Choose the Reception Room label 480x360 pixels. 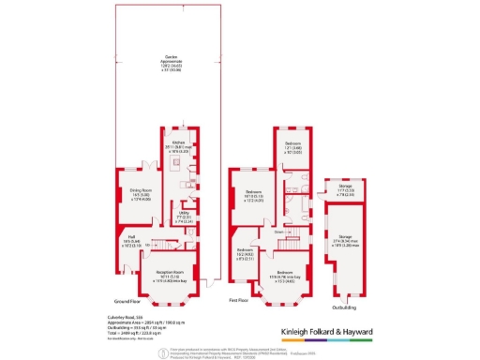click(153, 276)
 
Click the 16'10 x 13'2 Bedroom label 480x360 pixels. click(252, 196)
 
